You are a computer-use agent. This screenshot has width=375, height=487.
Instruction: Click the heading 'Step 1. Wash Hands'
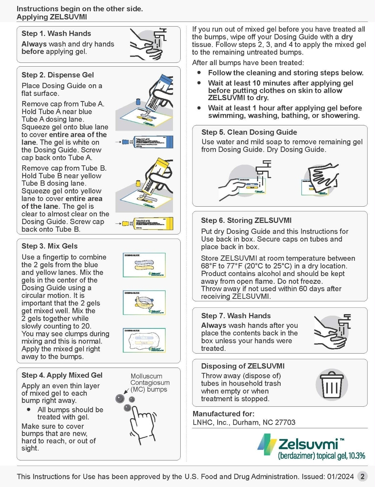click(56, 33)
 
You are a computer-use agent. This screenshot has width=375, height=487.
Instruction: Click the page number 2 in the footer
click(362, 476)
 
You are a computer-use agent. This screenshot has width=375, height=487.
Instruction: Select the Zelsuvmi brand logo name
click(308, 444)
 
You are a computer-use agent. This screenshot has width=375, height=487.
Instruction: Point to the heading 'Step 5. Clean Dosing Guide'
click(249, 132)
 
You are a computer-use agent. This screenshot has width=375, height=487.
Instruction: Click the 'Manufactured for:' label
click(223, 414)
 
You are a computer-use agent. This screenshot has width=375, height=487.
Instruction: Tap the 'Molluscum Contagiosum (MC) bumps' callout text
click(150, 383)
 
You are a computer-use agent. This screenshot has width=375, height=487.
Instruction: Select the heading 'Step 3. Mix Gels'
click(49, 246)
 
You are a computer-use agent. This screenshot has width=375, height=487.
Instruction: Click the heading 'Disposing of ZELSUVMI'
click(243, 366)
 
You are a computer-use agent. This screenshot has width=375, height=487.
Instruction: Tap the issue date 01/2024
click(340, 476)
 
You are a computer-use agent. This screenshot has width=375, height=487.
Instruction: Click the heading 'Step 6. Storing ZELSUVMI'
click(246, 220)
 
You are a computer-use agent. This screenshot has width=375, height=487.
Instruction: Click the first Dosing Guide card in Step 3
click(144, 265)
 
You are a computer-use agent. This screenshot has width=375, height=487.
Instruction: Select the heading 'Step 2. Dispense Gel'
click(57, 75)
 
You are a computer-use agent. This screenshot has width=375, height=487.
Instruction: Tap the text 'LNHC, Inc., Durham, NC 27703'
click(244, 422)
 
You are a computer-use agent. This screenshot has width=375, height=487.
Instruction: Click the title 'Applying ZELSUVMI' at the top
click(52, 17)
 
